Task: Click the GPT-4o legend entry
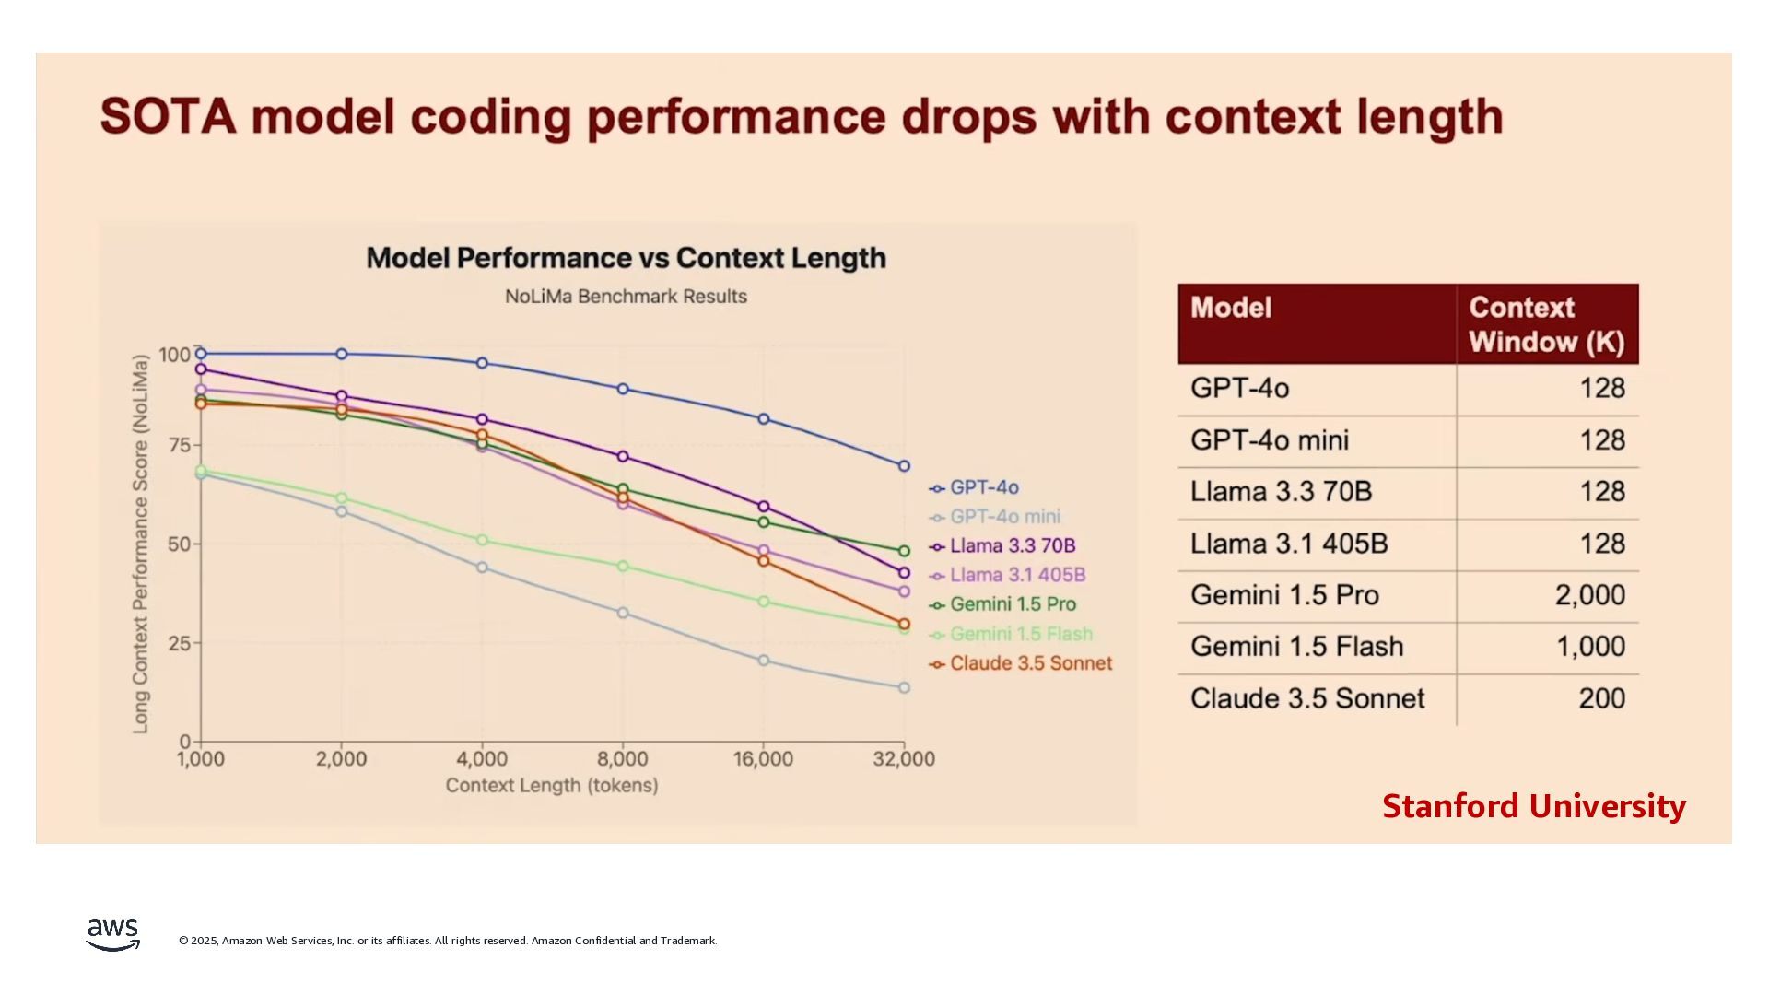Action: pos(983,487)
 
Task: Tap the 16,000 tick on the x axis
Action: pos(763,759)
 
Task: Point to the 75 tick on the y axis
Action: pos(179,445)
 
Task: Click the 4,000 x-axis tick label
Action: pos(482,759)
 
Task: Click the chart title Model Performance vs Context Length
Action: pos(626,258)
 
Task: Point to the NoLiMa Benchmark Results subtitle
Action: pos(626,297)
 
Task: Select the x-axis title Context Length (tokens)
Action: pos(552,786)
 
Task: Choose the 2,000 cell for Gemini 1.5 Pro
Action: pos(1589,595)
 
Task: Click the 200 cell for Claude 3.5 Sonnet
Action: pos(1601,698)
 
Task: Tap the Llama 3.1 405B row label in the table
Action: pos(1289,544)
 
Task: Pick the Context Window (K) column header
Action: pos(1546,324)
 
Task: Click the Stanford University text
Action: pos(1534,806)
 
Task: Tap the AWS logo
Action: pos(113,934)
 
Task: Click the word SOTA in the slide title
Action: pos(168,117)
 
